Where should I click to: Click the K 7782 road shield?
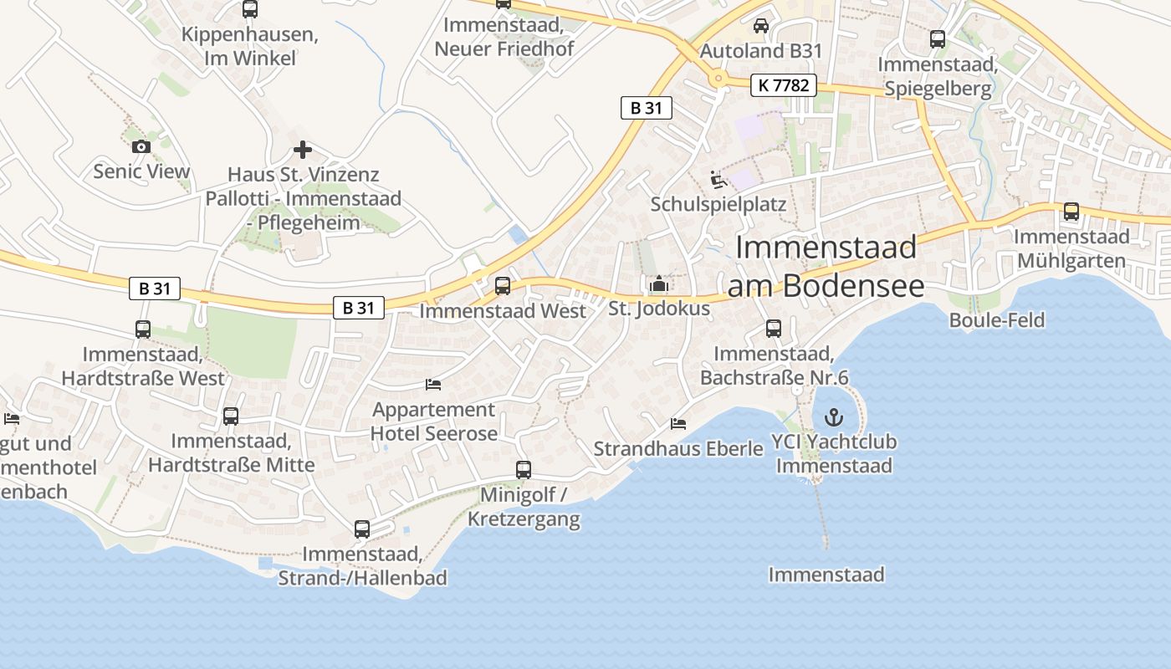tap(783, 84)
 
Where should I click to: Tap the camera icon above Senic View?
tap(141, 146)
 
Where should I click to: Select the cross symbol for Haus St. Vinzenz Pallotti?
tap(303, 150)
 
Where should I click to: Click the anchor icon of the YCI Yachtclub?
tap(834, 416)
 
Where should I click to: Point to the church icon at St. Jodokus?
tap(659, 284)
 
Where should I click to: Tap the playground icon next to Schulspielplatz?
tap(718, 180)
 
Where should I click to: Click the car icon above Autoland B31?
tap(761, 26)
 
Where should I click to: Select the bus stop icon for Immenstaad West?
tap(503, 286)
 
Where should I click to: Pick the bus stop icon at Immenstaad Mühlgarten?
tap(1071, 212)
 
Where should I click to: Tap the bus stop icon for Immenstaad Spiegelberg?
tap(938, 39)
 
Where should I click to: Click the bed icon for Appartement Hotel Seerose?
tap(433, 385)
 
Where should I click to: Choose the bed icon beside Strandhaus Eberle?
tap(678, 424)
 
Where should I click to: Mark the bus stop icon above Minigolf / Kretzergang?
tap(524, 470)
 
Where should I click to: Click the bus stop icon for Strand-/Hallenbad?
tap(362, 529)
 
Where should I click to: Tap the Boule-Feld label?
tap(997, 320)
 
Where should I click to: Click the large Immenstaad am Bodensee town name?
tap(826, 266)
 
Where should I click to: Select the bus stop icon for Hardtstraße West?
tap(143, 329)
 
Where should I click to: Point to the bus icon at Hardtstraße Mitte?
tap(231, 416)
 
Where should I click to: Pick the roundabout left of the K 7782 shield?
tap(717, 79)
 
